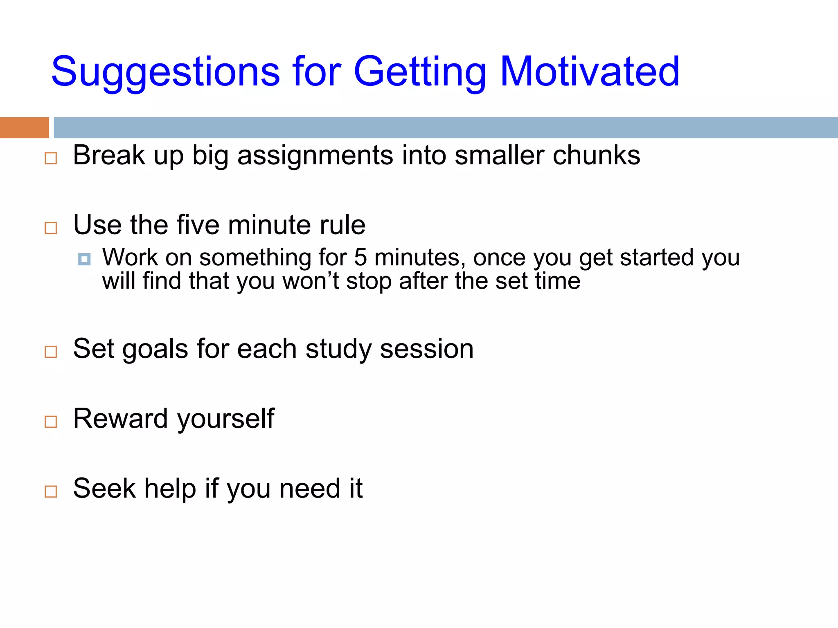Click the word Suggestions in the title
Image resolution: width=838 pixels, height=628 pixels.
click(165, 72)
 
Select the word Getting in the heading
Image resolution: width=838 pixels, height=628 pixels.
click(419, 72)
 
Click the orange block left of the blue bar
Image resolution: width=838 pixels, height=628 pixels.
click(24, 128)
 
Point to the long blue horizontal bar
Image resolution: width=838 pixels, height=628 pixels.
click(445, 128)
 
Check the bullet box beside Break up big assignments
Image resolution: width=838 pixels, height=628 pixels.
click(51, 158)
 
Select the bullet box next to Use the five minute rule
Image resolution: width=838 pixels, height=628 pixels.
click(51, 228)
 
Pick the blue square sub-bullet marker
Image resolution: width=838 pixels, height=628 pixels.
click(84, 259)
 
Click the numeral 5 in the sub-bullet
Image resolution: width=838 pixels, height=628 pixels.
click(360, 258)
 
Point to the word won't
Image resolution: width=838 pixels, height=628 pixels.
click(311, 281)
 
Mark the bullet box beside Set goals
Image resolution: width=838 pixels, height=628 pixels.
click(51, 352)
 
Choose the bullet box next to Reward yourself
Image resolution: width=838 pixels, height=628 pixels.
click(51, 422)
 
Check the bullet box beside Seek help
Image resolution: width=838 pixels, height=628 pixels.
click(51, 491)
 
